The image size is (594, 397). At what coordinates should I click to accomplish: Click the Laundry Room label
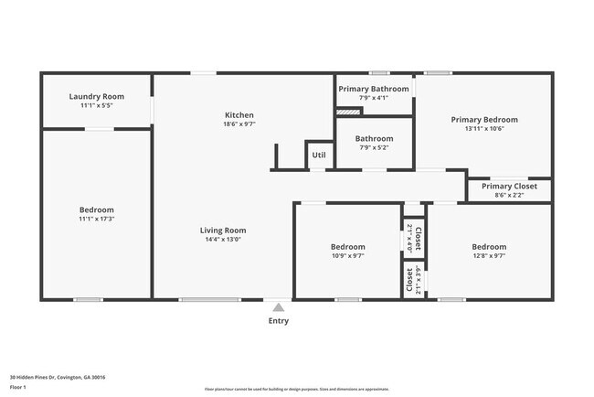click(x=96, y=96)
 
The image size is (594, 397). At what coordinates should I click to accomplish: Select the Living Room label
click(x=224, y=231)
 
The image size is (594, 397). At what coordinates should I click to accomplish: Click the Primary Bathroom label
click(x=375, y=89)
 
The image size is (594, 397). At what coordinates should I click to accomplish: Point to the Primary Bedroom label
click(x=483, y=120)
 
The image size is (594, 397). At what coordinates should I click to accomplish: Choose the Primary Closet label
click(x=509, y=186)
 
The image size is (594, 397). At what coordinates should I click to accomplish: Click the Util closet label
click(x=318, y=156)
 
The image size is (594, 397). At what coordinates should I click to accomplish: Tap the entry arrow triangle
click(x=278, y=307)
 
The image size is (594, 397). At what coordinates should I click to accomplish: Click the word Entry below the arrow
click(x=278, y=321)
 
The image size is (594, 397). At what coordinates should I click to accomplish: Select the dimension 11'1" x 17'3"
click(x=96, y=219)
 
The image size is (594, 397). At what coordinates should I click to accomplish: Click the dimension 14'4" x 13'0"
click(x=224, y=240)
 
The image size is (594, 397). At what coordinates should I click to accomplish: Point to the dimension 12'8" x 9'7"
click(x=489, y=256)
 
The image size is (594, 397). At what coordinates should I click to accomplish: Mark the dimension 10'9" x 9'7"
click(x=347, y=256)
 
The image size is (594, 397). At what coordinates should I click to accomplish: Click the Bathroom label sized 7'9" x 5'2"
click(x=375, y=138)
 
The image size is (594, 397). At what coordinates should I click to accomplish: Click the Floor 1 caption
click(x=18, y=388)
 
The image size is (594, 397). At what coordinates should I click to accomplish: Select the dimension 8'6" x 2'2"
click(x=509, y=195)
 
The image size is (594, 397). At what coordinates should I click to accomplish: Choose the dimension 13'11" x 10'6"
click(x=483, y=129)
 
